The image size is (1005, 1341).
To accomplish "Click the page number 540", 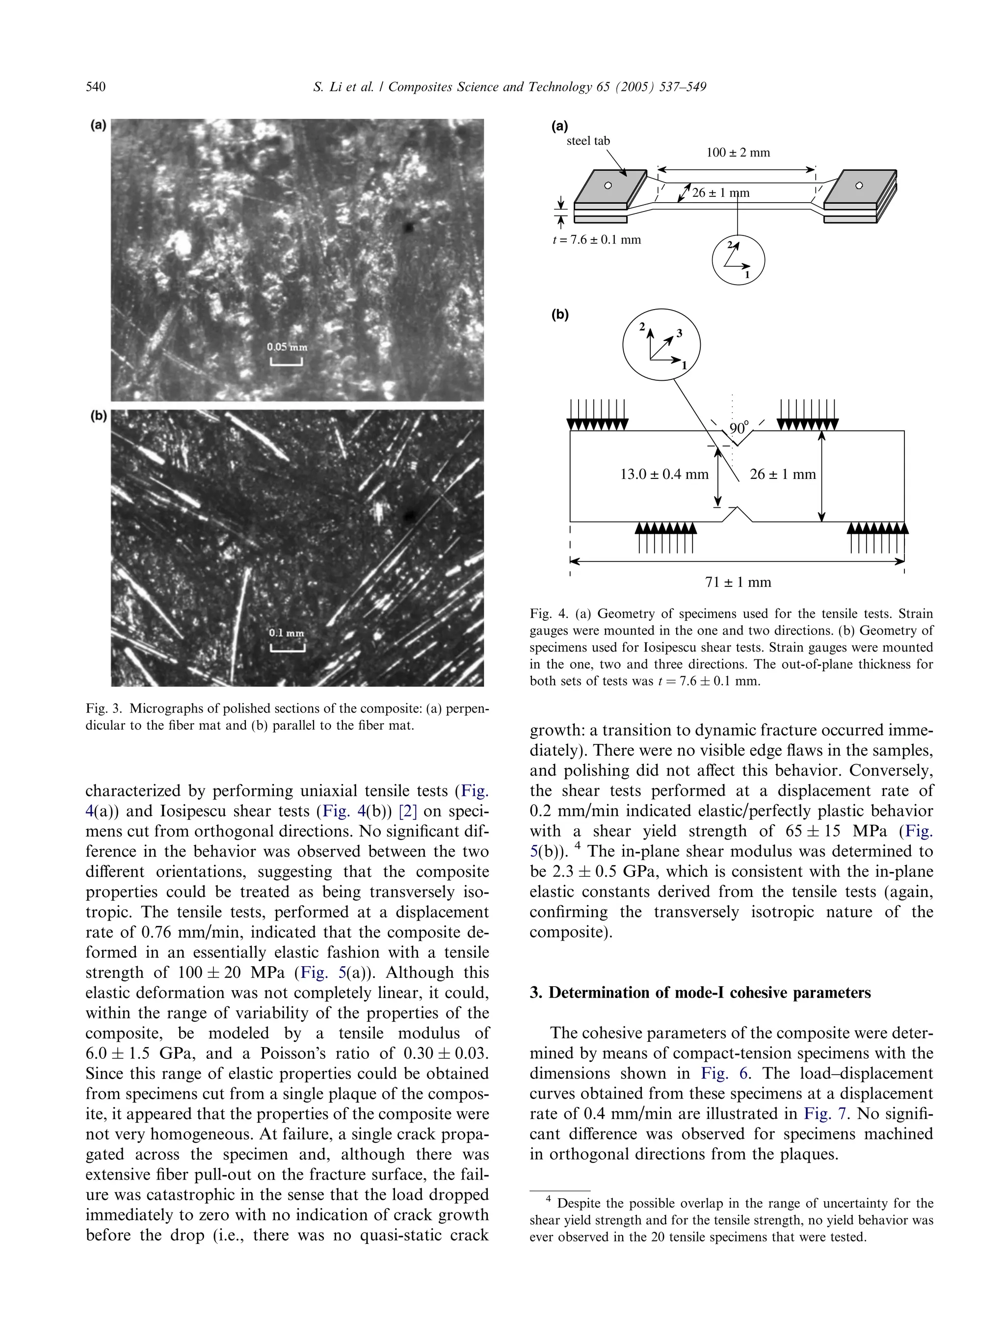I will coord(96,87).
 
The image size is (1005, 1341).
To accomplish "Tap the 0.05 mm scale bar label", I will coord(287,347).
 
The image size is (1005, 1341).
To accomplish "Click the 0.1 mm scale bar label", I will coord(287,633).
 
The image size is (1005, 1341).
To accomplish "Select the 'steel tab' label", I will coord(588,141).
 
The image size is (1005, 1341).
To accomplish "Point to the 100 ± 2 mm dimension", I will coord(738,153).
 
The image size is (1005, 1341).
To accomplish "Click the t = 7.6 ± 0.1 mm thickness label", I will coord(596,239).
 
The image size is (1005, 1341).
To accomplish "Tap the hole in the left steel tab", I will coord(608,185).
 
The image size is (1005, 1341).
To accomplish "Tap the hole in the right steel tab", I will coord(858,185).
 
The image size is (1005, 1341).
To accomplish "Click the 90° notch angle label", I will coord(739,428).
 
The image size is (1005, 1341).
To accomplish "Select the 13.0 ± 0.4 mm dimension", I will coord(664,474).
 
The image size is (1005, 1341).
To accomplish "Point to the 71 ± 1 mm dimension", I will coord(738,582).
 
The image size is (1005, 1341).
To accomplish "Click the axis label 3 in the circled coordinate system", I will coord(680,333).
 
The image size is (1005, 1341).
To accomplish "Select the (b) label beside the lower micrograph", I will coord(98,416).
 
